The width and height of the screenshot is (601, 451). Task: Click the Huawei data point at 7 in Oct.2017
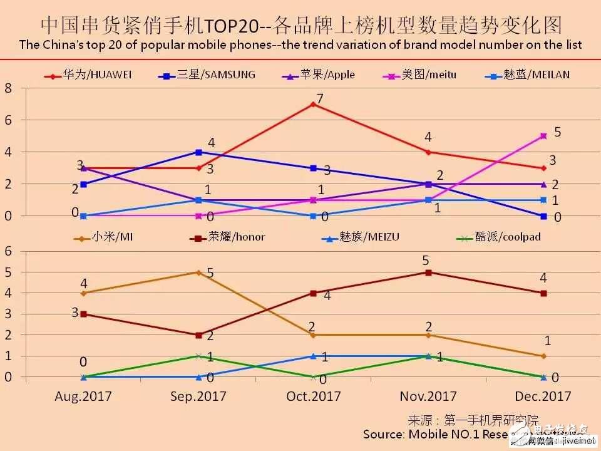(x=313, y=104)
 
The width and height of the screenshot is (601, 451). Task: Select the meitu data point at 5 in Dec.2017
(x=543, y=136)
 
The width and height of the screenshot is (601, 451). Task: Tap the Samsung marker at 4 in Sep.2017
(x=198, y=152)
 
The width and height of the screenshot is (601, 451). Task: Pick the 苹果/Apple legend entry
(x=319, y=75)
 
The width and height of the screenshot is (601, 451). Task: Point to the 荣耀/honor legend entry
(x=232, y=238)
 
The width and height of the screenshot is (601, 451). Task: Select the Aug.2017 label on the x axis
(x=83, y=396)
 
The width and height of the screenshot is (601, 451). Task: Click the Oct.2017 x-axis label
(x=313, y=396)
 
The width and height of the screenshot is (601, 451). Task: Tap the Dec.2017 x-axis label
(x=543, y=396)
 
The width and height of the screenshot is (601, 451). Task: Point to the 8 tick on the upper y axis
(x=8, y=88)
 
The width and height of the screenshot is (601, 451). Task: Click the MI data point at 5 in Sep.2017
(x=198, y=272)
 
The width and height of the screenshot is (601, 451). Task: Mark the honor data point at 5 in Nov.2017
(x=428, y=272)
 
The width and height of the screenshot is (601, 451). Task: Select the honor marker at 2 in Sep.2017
(x=198, y=335)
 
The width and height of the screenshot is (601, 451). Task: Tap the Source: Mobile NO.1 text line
(x=438, y=434)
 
